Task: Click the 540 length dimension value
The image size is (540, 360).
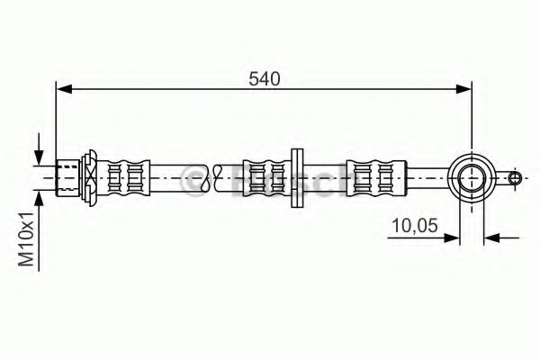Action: tap(265, 79)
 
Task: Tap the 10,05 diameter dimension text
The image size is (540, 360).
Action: tap(415, 226)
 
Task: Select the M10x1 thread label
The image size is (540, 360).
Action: tap(26, 239)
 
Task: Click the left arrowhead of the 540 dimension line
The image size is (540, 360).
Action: tap(64, 89)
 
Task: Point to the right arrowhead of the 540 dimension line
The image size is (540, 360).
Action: tap(463, 89)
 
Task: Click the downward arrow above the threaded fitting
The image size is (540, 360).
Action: tap(40, 149)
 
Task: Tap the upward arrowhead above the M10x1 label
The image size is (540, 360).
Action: tap(40, 200)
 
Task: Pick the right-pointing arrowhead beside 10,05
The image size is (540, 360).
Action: tap(451, 238)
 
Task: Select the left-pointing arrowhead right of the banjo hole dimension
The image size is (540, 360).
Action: tap(491, 238)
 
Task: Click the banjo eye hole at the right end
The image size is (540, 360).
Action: tap(472, 178)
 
